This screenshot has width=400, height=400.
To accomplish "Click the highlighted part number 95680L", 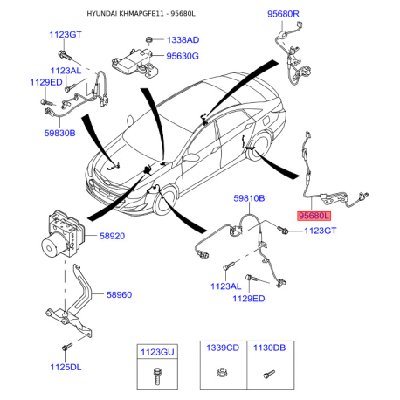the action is (314, 216).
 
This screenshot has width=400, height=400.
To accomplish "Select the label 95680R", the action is (283, 14).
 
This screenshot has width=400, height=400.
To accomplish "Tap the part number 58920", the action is (112, 236).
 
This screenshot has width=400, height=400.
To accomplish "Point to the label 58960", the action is (119, 294).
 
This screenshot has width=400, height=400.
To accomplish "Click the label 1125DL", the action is (66, 367).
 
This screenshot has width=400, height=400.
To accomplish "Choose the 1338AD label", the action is (183, 40).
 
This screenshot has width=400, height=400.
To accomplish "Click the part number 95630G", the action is (183, 56).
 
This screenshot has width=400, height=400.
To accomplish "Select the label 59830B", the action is (59, 133).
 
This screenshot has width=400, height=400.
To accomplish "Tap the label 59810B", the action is (249, 198).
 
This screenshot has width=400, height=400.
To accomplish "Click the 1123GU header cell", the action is (157, 352).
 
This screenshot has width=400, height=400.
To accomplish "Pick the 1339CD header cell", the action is (223, 348).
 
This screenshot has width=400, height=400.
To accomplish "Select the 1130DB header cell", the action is (270, 348).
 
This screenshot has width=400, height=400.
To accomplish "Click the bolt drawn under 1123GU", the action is (157, 376).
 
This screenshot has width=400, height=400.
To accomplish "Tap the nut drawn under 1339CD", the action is (222, 372).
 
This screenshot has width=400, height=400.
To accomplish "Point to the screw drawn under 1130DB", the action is (269, 374).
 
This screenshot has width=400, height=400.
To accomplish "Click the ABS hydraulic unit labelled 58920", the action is (62, 234).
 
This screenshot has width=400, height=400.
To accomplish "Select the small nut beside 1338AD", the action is (149, 39).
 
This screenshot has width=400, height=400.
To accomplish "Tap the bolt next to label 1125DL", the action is (67, 347).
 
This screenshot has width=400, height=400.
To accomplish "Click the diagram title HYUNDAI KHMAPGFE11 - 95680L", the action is (141, 14).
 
